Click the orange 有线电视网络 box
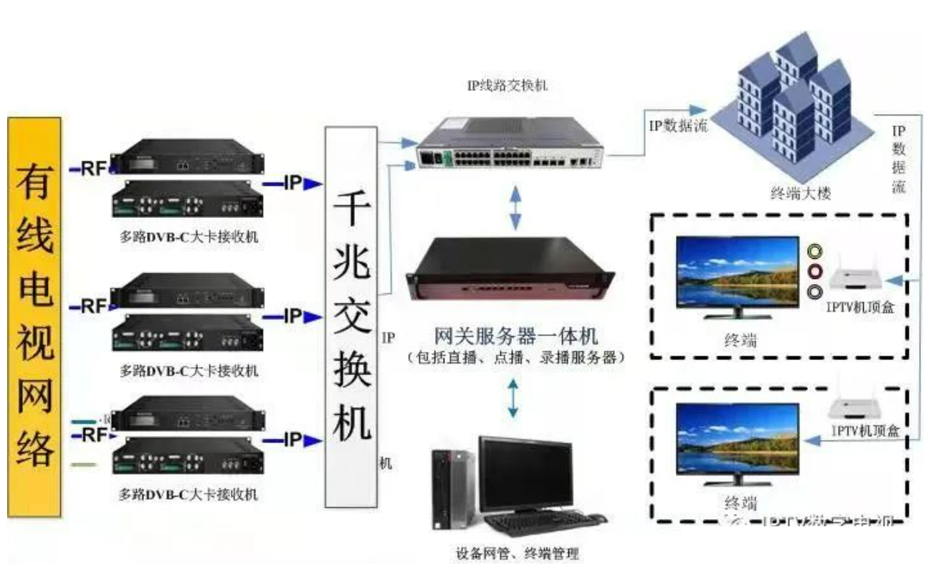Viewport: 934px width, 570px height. click(x=34, y=315)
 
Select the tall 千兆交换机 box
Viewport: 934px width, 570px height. click(x=351, y=315)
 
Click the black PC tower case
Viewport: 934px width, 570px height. click(x=454, y=488)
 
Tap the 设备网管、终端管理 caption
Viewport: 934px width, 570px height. click(x=517, y=553)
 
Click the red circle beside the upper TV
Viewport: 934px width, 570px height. click(x=816, y=272)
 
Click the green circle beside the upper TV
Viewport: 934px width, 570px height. click(x=816, y=252)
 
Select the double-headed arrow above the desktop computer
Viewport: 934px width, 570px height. click(x=513, y=398)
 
